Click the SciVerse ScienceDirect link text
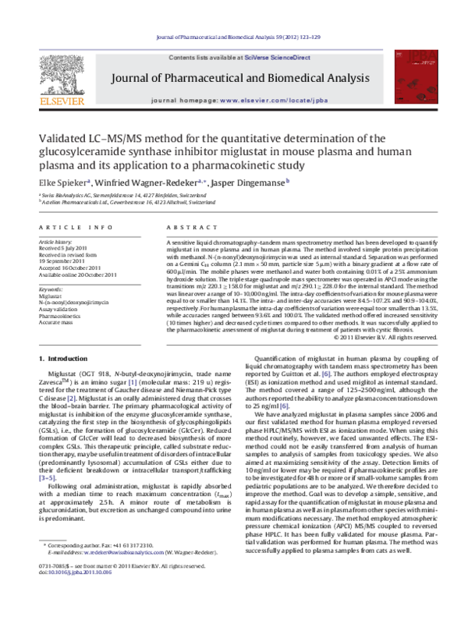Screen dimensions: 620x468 pyautogui.click(x=278, y=58)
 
